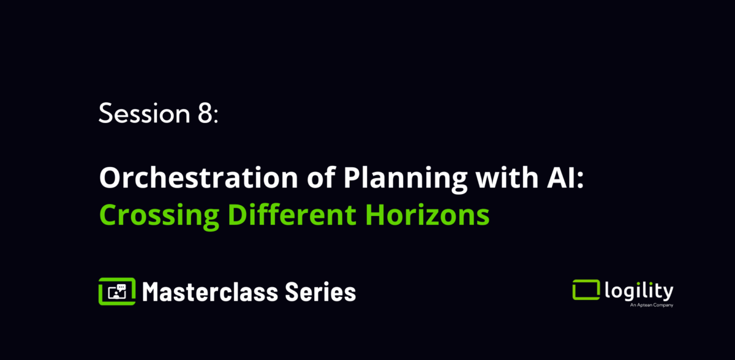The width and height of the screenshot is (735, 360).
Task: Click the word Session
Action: [x=145, y=113]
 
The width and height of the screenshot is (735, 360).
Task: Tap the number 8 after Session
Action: [x=205, y=113]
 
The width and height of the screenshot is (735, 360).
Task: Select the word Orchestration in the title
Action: [x=198, y=178]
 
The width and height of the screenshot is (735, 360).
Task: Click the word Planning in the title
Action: [x=405, y=179]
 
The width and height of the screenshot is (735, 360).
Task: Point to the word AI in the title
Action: [x=562, y=178]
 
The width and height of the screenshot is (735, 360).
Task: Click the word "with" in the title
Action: [x=507, y=177]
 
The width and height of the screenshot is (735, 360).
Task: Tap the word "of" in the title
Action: [x=321, y=177]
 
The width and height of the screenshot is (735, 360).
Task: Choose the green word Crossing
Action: [x=159, y=216]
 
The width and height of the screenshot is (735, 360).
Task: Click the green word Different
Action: [x=292, y=214]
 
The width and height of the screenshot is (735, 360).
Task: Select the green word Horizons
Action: [x=428, y=215]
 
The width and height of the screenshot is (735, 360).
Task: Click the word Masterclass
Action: [x=210, y=292]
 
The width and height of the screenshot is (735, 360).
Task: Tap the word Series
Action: [x=320, y=292]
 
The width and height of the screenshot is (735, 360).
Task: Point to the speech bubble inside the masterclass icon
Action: [x=121, y=287]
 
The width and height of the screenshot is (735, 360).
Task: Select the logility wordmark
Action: [x=639, y=291]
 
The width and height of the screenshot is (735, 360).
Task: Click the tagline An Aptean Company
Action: [x=651, y=305]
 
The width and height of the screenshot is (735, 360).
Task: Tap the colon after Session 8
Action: [x=216, y=116]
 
